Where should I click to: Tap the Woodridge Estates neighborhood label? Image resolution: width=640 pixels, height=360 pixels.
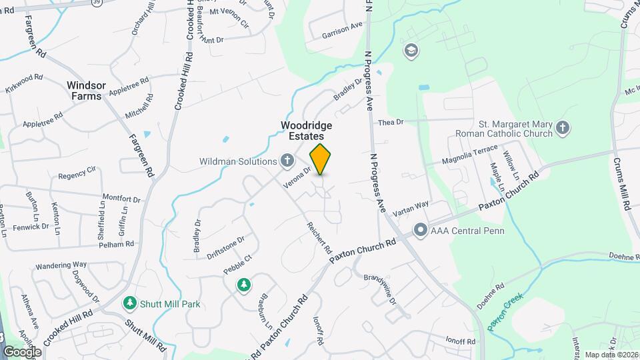pos(307,129)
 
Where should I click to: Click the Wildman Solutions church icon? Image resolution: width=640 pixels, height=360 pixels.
pos(287,160)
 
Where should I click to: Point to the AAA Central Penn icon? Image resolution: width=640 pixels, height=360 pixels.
pos(421,231)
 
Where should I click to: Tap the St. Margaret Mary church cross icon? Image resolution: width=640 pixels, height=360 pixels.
pos(563,128)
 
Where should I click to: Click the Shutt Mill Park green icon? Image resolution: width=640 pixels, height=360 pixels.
pos(131,303)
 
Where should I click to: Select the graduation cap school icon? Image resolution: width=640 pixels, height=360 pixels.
pos(411,51)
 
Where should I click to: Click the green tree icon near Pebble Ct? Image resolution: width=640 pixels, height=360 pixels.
pos(244,285)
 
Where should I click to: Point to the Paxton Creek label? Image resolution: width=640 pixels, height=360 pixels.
pos(505,311)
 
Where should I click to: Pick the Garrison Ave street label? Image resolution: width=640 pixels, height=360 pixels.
pos(342,29)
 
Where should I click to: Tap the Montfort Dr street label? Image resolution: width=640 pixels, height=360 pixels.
pos(121,199)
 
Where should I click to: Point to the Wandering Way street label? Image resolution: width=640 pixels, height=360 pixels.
pos(61,265)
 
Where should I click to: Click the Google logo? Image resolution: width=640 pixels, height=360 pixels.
pos(22,351)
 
